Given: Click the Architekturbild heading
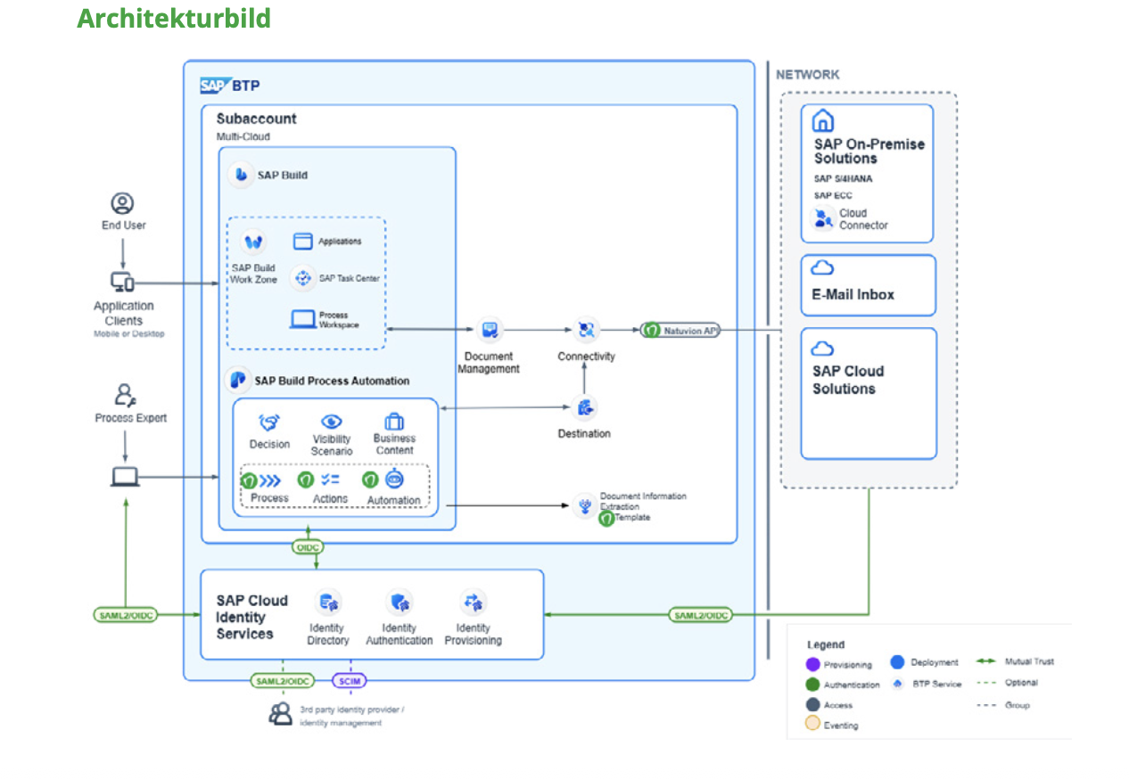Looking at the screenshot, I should [174, 19].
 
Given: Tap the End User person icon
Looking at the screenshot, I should [122, 204].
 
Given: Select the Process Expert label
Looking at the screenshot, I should [131, 418].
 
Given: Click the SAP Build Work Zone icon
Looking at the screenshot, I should [254, 242].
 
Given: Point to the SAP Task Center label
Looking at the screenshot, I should [349, 278].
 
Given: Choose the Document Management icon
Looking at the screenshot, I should [489, 331].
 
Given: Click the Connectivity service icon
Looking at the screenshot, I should [586, 331].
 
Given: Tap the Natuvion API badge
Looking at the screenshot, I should [680, 331].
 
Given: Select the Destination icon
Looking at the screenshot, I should [585, 408].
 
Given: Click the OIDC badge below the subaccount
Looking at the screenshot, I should [308, 546].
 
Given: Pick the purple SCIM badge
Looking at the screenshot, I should [349, 681].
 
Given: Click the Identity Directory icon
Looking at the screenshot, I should [328, 603].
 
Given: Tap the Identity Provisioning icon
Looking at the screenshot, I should [473, 603].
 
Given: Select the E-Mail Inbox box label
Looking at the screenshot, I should [853, 295].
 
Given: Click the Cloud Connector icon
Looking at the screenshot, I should [822, 218].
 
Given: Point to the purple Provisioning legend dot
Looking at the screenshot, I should [812, 664].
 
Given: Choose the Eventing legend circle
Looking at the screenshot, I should [812, 724].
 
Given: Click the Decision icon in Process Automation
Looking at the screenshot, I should [269, 422].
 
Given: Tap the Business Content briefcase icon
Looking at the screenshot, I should [394, 421].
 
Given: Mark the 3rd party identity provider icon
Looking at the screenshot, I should [281, 713].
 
